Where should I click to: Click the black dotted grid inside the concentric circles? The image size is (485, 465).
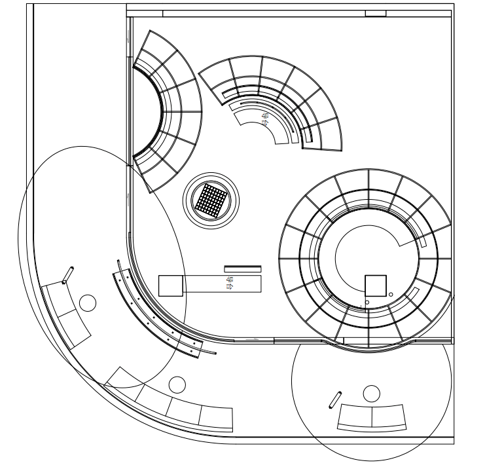(x=211, y=200)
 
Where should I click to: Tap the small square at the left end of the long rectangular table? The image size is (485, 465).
(x=170, y=286)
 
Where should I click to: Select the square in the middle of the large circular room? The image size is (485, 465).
(x=376, y=286)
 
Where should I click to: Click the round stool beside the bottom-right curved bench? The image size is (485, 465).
(x=371, y=393)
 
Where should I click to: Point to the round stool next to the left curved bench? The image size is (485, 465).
(x=87, y=302)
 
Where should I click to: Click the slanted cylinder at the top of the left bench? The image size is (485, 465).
(x=67, y=275)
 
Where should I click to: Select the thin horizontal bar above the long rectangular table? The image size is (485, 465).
(x=243, y=268)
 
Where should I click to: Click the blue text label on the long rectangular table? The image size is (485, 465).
(x=229, y=283)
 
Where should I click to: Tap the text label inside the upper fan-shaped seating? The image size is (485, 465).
(x=265, y=119)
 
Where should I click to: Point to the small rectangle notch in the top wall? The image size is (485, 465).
(x=376, y=13)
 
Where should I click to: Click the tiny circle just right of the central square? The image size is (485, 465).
(x=391, y=295)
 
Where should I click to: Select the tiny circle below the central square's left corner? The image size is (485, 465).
(x=367, y=302)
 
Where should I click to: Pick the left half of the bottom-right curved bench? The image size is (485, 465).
(x=355, y=418)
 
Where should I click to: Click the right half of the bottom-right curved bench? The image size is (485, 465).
(x=390, y=417)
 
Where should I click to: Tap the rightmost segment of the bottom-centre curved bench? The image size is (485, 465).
(x=216, y=418)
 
